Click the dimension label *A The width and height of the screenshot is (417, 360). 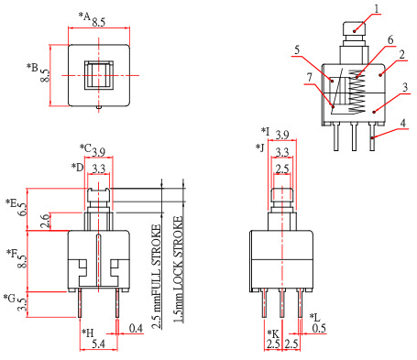(x=84, y=16)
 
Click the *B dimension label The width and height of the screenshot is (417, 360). (x=32, y=68)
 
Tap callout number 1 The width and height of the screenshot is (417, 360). (x=377, y=8)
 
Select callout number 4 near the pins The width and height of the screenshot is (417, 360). (x=403, y=123)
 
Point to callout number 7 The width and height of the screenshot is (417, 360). (x=310, y=78)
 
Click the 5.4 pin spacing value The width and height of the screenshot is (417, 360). (x=98, y=344)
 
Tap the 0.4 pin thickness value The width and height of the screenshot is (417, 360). (x=136, y=329)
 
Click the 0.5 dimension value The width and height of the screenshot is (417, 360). (x=319, y=328)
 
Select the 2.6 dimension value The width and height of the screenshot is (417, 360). (x=45, y=221)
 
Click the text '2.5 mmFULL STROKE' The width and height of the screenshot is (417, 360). (x=156, y=277)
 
